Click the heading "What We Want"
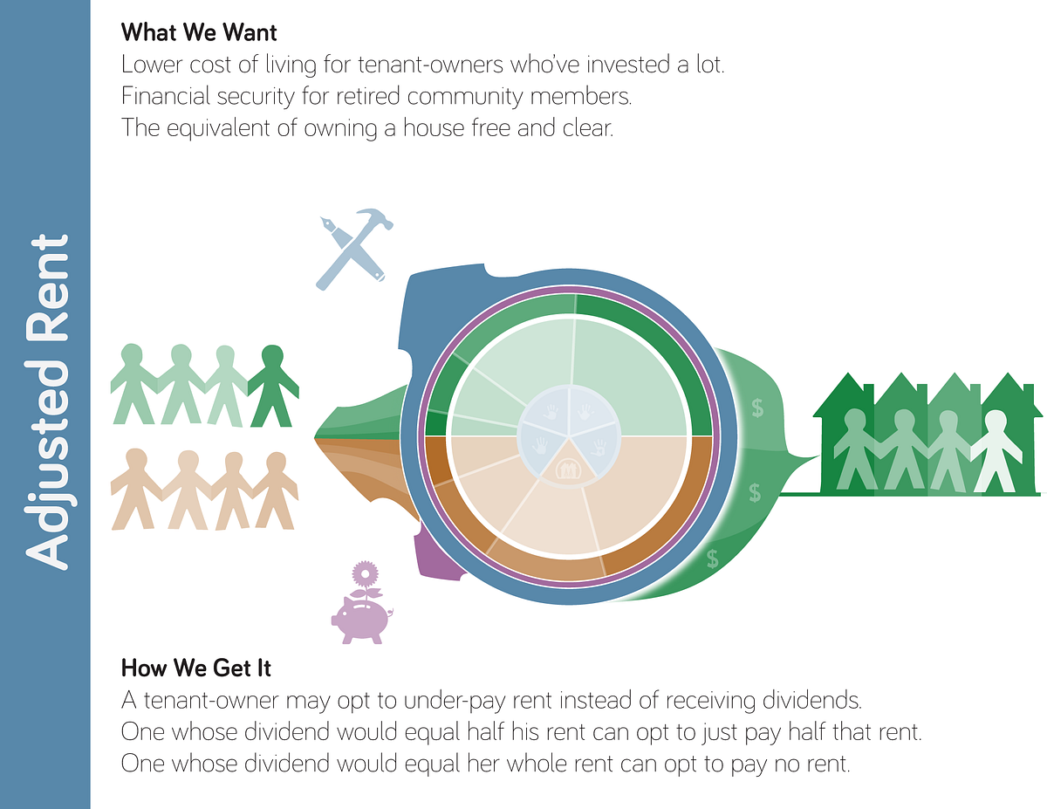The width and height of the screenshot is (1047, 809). (199, 33)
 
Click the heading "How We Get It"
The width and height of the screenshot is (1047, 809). (196, 668)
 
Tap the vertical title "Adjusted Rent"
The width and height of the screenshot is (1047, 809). (46, 401)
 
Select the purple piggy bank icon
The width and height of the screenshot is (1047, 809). (361, 618)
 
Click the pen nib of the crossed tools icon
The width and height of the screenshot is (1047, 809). (329, 225)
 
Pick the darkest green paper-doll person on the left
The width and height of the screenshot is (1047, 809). (273, 384)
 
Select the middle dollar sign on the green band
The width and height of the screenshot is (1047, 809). (755, 493)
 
